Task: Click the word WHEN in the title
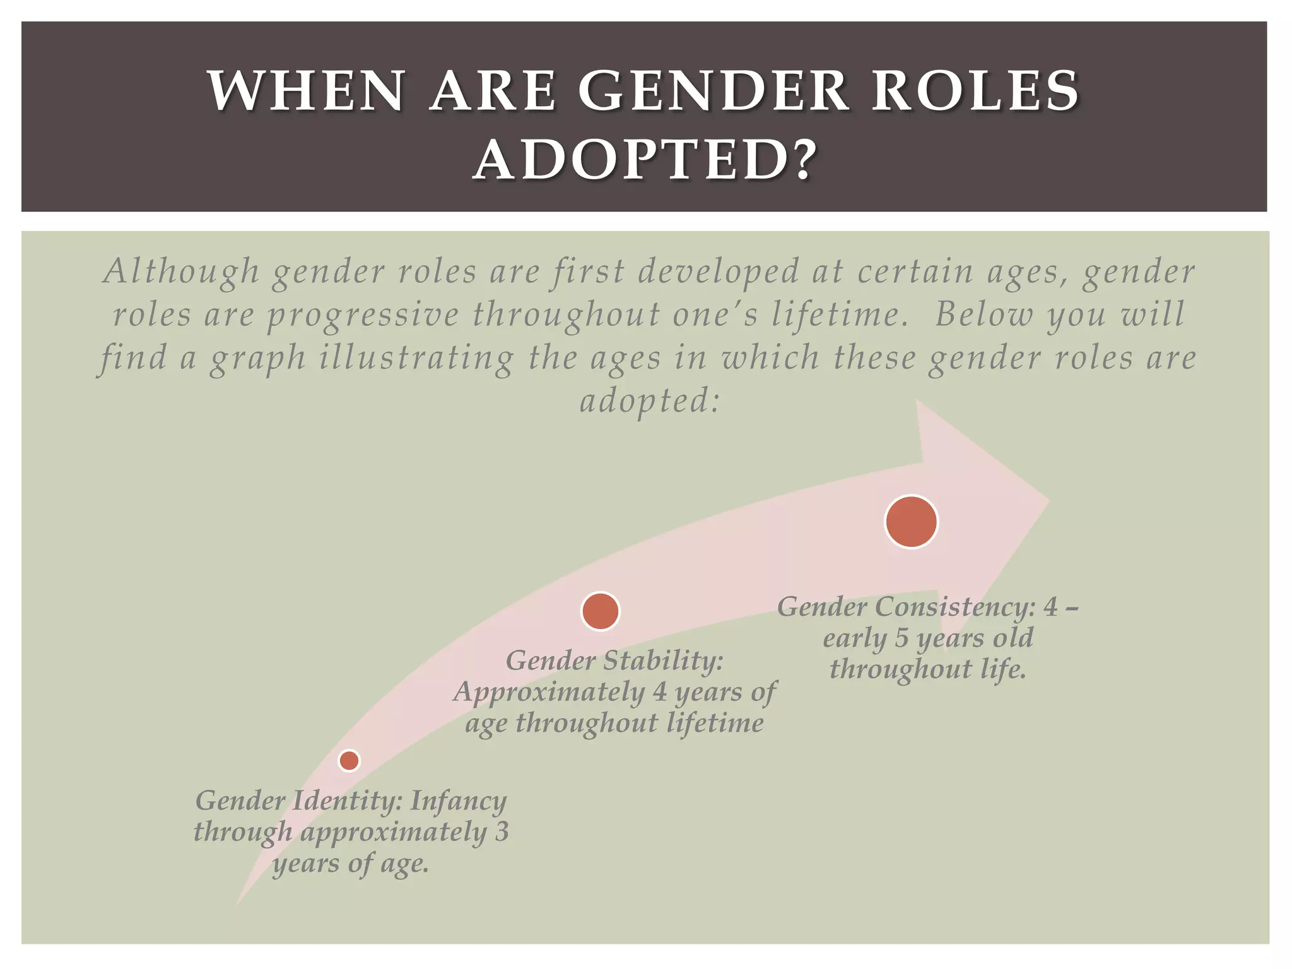pos(307,91)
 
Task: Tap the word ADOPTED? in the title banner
pos(645,161)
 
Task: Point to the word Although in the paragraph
pos(181,271)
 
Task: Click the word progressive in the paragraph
pos(363,315)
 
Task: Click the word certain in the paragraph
pos(914,271)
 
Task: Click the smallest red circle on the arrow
pos(349,760)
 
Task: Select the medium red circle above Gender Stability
pos(600,611)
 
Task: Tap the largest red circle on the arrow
pos(911,522)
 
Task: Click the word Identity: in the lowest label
pos(346,801)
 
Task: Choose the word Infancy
pos(459,801)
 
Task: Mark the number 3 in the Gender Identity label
pos(501,831)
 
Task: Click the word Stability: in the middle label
pos(663,661)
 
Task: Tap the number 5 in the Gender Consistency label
pos(901,638)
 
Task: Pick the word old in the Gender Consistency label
pos(1013,638)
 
